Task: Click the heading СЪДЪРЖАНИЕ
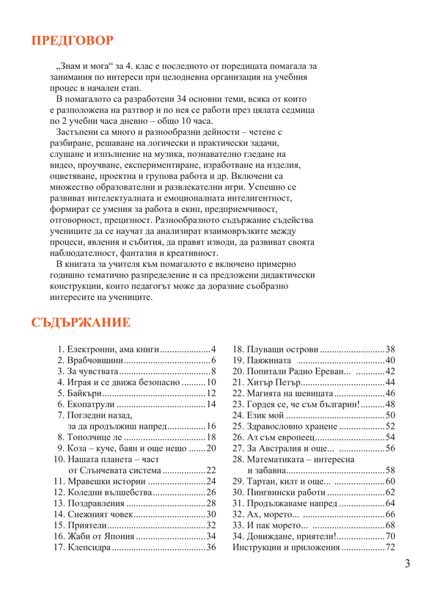pos(81,324)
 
